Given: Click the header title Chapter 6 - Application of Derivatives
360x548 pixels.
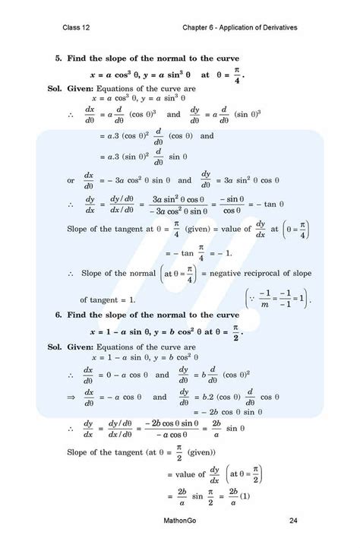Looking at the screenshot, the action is tap(240, 28).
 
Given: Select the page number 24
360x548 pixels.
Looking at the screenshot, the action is tap(292, 521).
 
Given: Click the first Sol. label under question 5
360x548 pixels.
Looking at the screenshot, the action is tap(35, 89).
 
